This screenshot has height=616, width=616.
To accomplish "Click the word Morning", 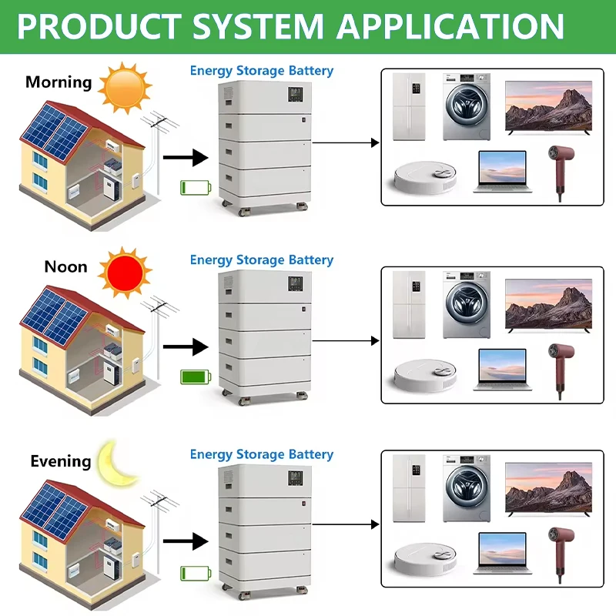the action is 59,82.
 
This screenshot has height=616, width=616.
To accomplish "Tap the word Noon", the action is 65,266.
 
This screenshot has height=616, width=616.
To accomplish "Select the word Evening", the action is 61,461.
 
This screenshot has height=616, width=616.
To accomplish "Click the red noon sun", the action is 125,273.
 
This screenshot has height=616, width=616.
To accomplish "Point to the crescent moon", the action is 115,464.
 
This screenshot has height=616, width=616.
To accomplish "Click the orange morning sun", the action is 125,88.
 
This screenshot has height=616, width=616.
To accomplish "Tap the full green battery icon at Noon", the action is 196,377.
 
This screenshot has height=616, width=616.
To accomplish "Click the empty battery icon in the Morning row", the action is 196,188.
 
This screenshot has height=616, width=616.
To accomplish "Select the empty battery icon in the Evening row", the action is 196,574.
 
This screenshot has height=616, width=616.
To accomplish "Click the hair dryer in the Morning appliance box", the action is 561,171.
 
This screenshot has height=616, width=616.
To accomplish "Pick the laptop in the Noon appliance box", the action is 503,370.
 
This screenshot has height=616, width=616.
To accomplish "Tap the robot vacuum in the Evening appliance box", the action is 426,560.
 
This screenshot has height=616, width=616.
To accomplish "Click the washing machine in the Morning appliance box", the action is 467,106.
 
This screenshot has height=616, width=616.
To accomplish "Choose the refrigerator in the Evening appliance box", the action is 409,488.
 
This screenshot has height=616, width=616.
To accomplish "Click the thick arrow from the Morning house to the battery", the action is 186,158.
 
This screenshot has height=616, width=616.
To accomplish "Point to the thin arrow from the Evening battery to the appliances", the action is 346,524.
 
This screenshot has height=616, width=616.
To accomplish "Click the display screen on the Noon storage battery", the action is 296,283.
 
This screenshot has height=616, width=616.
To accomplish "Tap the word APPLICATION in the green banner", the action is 450,27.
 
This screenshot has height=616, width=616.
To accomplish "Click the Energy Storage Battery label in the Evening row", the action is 262,454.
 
